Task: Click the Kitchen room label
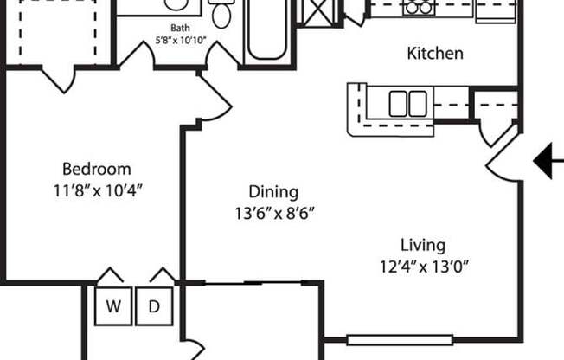435,54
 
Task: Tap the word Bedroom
96,169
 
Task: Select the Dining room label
272,192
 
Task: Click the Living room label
423,245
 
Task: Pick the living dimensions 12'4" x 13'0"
423,267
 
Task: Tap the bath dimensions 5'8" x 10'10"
181,40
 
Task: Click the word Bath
181,28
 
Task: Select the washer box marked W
113,306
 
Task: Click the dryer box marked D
153,306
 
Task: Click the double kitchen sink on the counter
407,103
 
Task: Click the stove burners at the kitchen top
420,8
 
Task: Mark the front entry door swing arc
503,160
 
